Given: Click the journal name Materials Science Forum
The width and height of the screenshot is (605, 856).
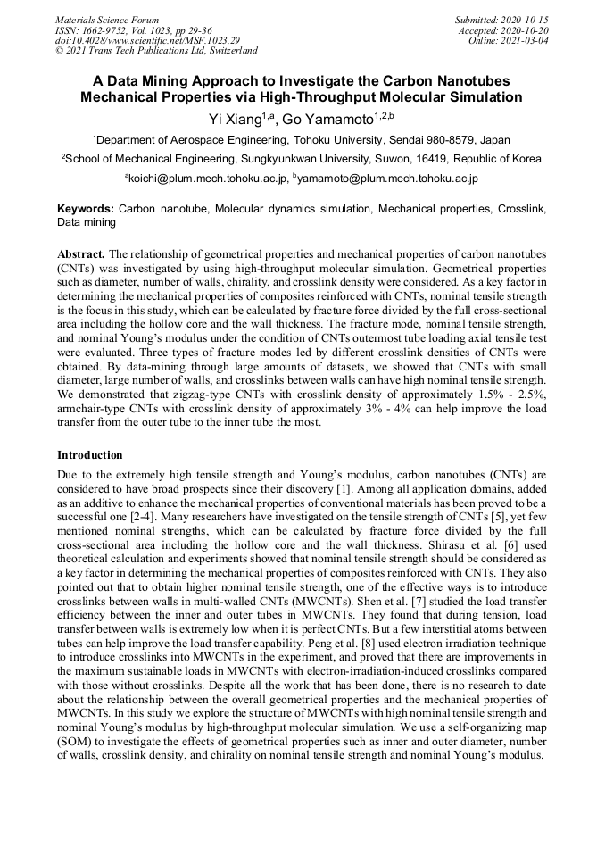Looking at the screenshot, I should click(x=107, y=20).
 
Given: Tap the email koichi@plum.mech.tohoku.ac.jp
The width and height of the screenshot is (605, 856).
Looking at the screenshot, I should click(x=209, y=179).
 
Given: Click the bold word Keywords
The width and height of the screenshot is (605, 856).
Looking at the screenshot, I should click(x=85, y=208).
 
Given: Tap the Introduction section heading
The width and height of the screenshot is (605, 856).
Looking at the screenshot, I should click(x=90, y=454).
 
